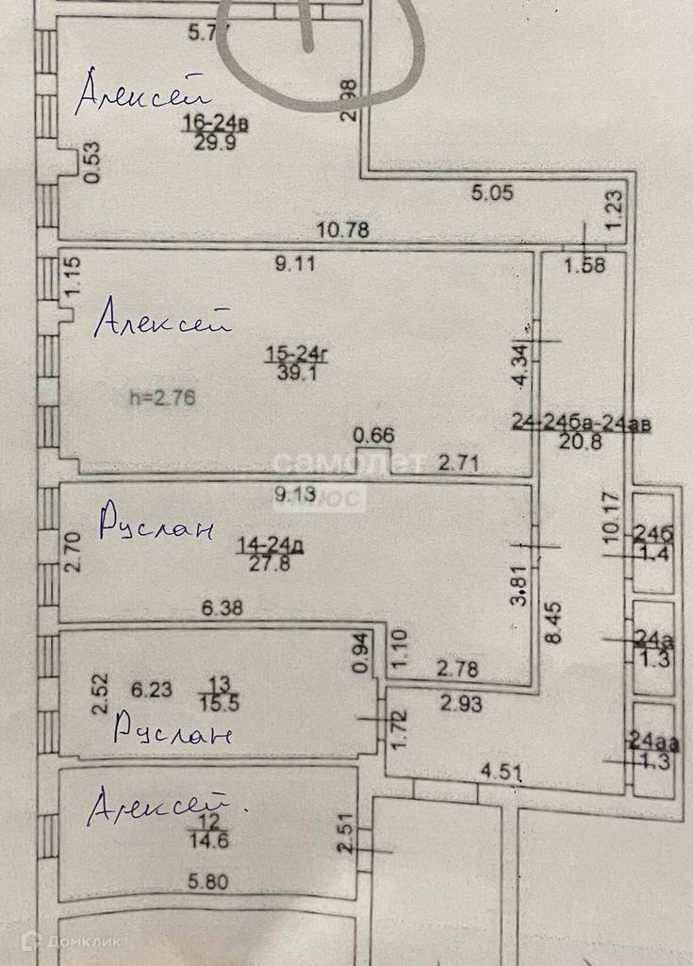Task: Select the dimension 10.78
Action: pos(342,228)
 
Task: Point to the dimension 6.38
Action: pos(223,608)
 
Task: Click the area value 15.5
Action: pos(219,703)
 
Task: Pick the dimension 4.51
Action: pos(501,774)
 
